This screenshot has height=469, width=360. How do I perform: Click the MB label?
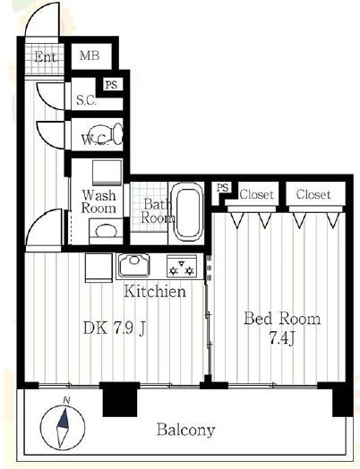coord(90,55)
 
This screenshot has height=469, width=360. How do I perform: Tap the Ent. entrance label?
coord(46,56)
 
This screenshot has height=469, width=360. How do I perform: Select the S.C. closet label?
coord(86,100)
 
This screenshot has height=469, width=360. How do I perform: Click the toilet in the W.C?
coord(107,134)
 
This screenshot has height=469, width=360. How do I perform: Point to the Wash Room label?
coord(99,201)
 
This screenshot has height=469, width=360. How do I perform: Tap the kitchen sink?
coord(133,265)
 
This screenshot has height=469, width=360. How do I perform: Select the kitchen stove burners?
coord(182,267)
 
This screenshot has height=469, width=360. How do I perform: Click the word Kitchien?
coord(155,291)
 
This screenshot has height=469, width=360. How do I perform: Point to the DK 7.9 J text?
coord(115,328)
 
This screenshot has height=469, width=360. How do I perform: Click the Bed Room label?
coord(282,319)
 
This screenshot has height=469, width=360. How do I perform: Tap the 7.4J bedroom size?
coord(282,338)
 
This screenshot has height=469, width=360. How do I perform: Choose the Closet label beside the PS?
coord(256,195)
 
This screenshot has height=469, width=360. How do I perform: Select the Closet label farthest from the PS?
coord(313,194)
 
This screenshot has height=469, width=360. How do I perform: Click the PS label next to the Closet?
coord(223,188)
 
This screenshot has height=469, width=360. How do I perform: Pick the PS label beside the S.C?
coord(111,85)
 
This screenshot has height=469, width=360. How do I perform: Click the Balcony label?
coord(186,431)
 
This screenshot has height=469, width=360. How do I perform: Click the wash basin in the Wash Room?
coord(106,231)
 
